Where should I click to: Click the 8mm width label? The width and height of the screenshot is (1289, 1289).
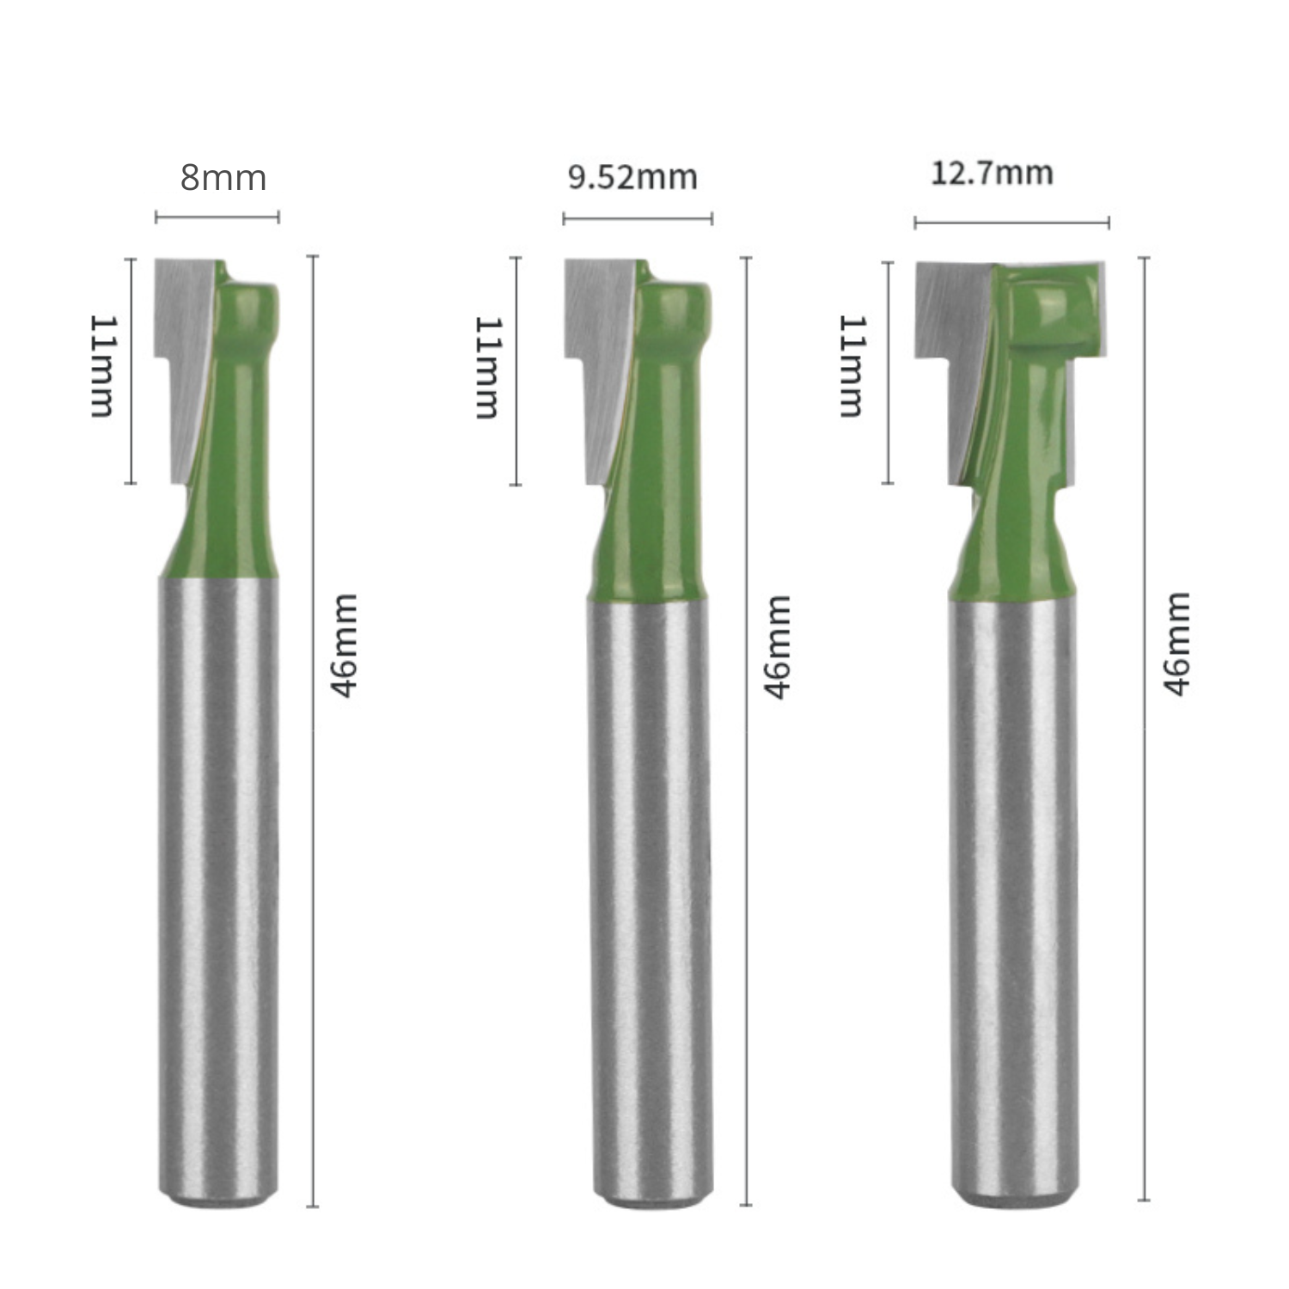223,178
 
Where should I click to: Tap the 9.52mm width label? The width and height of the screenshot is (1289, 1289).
632,177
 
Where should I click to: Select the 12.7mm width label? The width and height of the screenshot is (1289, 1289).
992,174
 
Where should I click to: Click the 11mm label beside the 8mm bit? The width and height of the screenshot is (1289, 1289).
102,366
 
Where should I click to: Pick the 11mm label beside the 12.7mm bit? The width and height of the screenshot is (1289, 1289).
852,366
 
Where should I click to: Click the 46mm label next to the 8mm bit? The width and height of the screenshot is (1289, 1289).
343,644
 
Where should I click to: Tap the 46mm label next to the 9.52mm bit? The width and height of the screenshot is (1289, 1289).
777,646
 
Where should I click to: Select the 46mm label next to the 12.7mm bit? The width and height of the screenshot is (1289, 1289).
1176,644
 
